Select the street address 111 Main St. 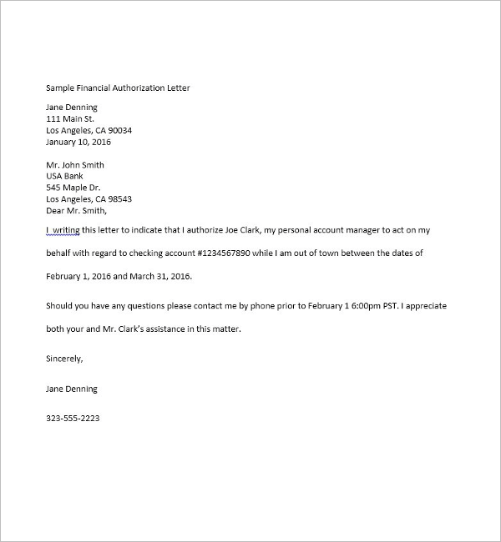tap(70, 118)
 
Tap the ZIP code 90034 tap(118, 130)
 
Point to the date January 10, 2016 tap(79, 142)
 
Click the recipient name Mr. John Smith tap(75, 165)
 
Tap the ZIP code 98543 tap(118, 199)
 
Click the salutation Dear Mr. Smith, tap(77, 211)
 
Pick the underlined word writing tap(68, 229)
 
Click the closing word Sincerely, tap(65, 359)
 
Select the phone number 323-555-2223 tap(73, 418)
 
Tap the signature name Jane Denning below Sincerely tap(72, 389)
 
